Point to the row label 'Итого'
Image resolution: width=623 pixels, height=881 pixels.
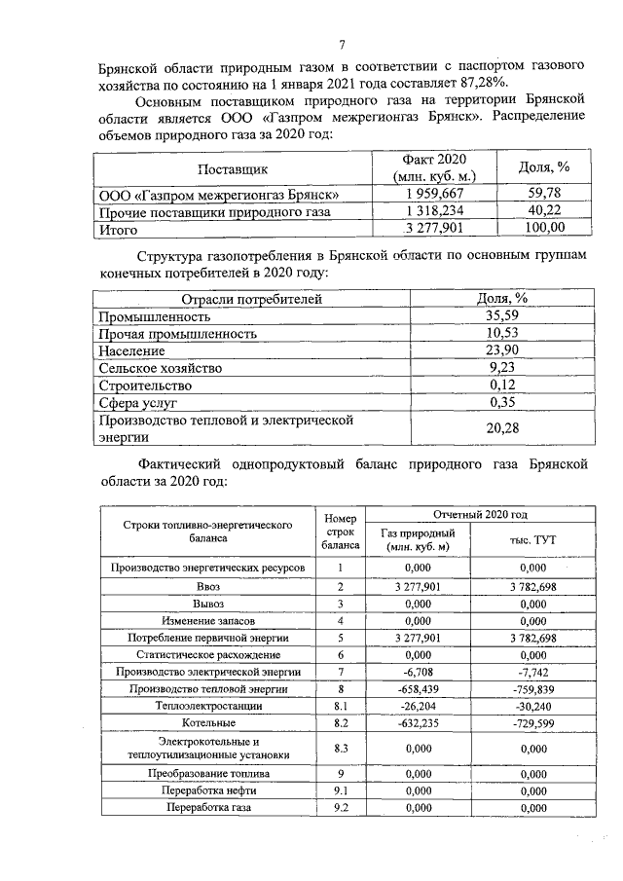(x=119, y=230)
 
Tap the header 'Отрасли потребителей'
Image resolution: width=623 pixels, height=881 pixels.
(x=238, y=299)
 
